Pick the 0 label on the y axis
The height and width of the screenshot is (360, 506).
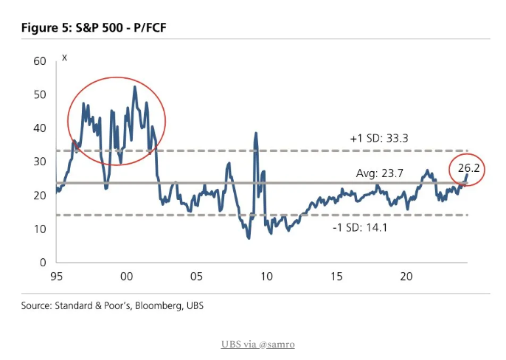click(x=42, y=263)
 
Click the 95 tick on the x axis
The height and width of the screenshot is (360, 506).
click(x=56, y=277)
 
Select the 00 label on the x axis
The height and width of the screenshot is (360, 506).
click(x=126, y=277)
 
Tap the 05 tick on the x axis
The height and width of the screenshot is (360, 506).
click(x=195, y=277)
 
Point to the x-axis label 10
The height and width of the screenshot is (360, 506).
click(x=266, y=277)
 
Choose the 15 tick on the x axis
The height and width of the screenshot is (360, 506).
click(x=336, y=277)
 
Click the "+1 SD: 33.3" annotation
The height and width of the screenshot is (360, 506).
click(x=380, y=139)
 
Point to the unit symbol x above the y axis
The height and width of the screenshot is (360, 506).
click(x=65, y=58)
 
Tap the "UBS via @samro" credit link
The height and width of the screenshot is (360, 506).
click(x=253, y=344)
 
